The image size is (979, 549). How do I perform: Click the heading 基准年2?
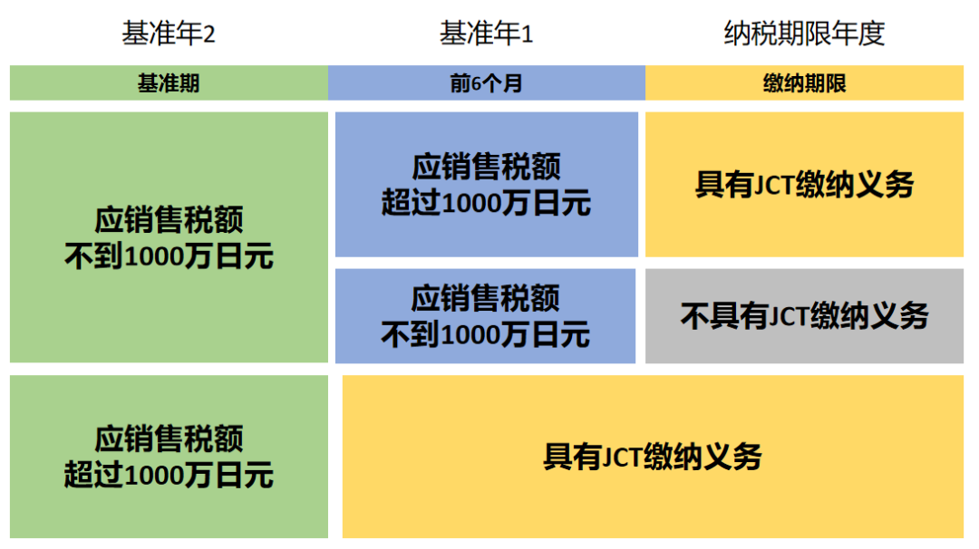pyautogui.click(x=169, y=34)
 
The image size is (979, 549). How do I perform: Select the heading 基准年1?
pyautogui.click(x=486, y=34)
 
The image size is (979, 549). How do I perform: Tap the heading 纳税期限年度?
pyautogui.click(x=804, y=34)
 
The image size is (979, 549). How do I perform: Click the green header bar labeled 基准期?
pyautogui.click(x=169, y=83)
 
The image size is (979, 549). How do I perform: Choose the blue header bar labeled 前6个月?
pyautogui.click(x=486, y=83)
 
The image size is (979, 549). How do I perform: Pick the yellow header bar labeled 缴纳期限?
pyautogui.click(x=804, y=83)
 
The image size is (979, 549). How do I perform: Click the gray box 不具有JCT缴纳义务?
pyautogui.click(x=804, y=316)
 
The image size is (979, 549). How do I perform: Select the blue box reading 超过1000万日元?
pyautogui.click(x=486, y=185)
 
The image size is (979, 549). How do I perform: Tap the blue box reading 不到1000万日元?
pyautogui.click(x=486, y=316)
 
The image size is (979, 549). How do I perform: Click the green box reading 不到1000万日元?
pyautogui.click(x=169, y=237)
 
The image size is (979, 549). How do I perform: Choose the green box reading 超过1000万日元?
pyautogui.click(x=169, y=457)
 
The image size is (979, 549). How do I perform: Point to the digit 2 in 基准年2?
pyautogui.click(x=209, y=35)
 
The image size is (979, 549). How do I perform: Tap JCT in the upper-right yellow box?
pyautogui.click(x=776, y=185)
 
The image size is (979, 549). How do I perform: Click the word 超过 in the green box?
pyautogui.click(x=92, y=475)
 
